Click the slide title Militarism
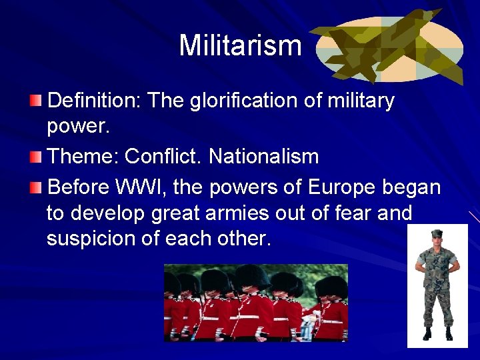(x=240, y=46)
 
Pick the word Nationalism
(x=263, y=157)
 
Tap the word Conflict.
(x=163, y=157)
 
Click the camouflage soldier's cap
(x=437, y=234)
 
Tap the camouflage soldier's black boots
(x=437, y=333)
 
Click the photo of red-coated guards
(x=256, y=303)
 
